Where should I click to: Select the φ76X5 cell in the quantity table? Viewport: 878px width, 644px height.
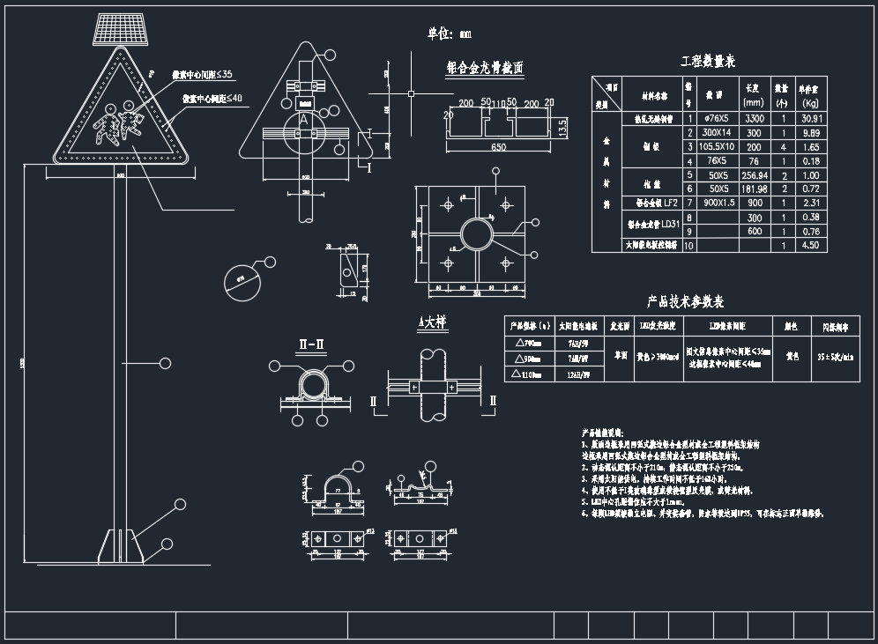717,117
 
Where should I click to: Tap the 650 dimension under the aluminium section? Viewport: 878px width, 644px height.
498,147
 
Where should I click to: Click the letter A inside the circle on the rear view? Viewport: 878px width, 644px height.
304,117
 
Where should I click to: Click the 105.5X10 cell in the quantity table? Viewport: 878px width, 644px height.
717,146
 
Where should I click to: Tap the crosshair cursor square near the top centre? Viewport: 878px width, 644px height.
411,92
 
